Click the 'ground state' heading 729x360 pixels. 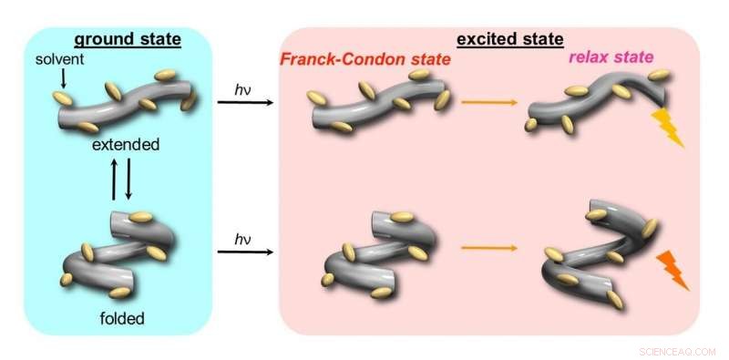[127, 39]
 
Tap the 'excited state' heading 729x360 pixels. [509, 39]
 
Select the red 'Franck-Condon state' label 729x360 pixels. [367, 59]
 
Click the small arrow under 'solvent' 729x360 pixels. [63, 79]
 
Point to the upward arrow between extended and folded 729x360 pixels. [114, 180]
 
